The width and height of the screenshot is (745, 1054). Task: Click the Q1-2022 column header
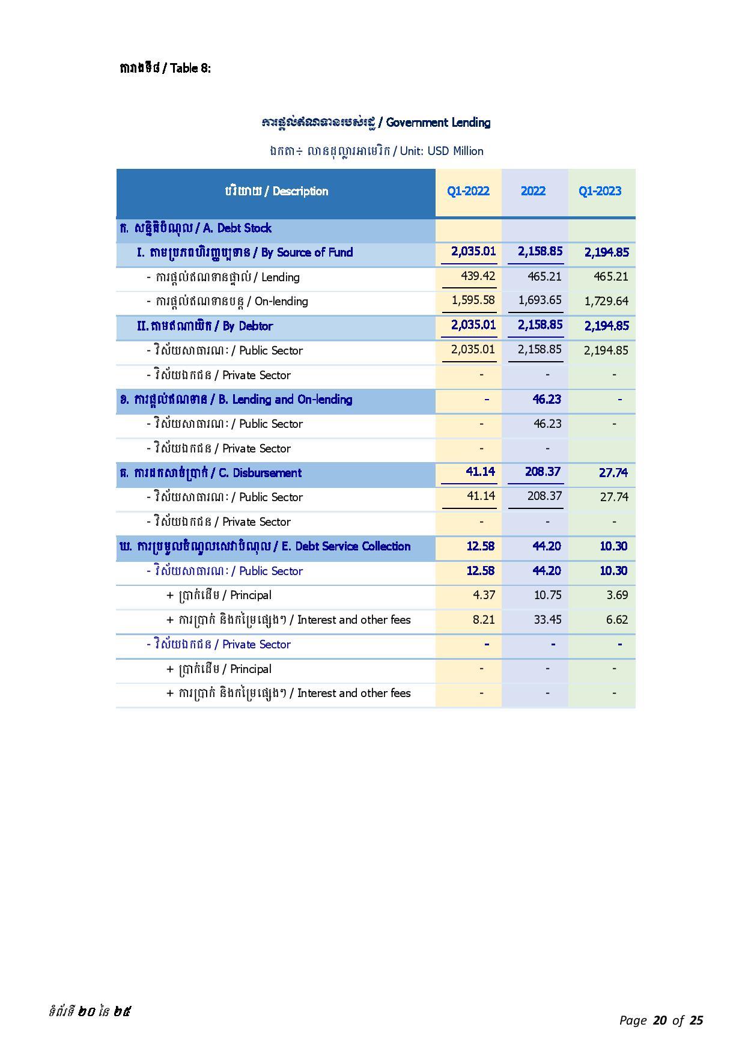pos(468,191)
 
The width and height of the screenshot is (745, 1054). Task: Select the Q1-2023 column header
pos(600,191)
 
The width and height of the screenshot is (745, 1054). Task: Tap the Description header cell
pos(276,191)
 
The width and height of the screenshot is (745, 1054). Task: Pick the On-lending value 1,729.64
pos(606,301)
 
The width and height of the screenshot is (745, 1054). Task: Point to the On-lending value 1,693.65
pos(540,300)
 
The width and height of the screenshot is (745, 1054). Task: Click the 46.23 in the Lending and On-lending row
pos(547,399)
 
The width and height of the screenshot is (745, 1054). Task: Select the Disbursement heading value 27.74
pos(613,472)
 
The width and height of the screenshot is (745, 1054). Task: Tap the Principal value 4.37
pos(484,595)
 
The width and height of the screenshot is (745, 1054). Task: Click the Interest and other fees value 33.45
pos(547,620)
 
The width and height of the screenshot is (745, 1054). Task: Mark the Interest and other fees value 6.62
pos(617,620)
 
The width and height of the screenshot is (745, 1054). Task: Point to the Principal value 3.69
pos(617,595)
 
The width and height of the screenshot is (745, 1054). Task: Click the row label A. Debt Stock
pos(196,228)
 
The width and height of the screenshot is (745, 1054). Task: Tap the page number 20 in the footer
pos(660,1020)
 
